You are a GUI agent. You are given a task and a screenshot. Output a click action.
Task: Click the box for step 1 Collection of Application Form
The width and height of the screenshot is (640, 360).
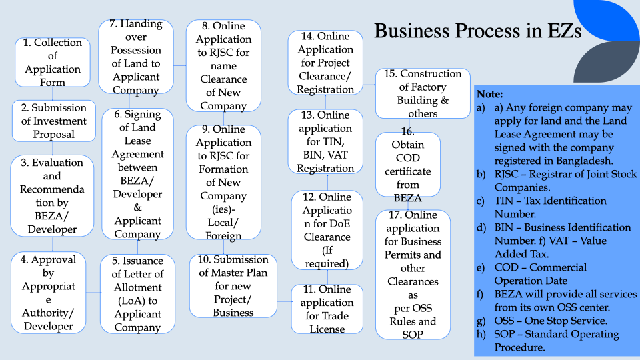(53, 62)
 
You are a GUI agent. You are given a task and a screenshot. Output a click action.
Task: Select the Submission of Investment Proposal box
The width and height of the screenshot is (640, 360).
(54, 121)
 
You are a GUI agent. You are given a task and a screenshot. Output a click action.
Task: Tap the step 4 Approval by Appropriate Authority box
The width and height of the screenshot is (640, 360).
(48, 292)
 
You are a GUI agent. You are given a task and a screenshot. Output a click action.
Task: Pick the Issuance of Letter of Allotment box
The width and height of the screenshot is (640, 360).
(137, 294)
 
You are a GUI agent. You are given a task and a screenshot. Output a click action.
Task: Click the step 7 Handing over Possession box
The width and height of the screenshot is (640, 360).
(136, 57)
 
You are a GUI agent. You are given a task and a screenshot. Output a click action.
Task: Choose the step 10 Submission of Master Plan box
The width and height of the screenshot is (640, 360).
(233, 286)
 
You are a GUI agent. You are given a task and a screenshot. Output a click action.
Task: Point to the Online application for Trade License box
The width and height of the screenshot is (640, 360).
(327, 309)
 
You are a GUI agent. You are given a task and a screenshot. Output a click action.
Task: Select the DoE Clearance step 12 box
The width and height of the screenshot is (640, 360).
(327, 230)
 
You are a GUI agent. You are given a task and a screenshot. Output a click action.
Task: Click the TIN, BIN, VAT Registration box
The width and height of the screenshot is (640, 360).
(325, 141)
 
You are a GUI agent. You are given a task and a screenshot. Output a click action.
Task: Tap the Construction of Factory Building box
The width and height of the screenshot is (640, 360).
(423, 93)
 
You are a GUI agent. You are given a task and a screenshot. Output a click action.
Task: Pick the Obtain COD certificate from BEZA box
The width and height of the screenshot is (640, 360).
(408, 165)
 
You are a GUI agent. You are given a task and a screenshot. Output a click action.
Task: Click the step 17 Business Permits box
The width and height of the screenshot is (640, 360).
(413, 275)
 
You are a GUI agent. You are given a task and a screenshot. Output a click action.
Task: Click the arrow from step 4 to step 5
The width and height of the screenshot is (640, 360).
(93, 292)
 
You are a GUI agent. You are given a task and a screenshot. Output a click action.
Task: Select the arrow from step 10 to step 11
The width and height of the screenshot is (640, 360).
(285, 301)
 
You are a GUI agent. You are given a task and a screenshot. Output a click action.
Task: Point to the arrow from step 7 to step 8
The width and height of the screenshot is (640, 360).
(179, 65)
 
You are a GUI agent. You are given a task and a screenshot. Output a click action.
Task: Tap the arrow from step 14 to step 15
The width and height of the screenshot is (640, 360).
(369, 85)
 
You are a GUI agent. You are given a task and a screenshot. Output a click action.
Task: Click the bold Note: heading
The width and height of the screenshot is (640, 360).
(490, 94)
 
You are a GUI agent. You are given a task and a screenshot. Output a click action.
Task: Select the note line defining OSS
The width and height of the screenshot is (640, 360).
(542, 321)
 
